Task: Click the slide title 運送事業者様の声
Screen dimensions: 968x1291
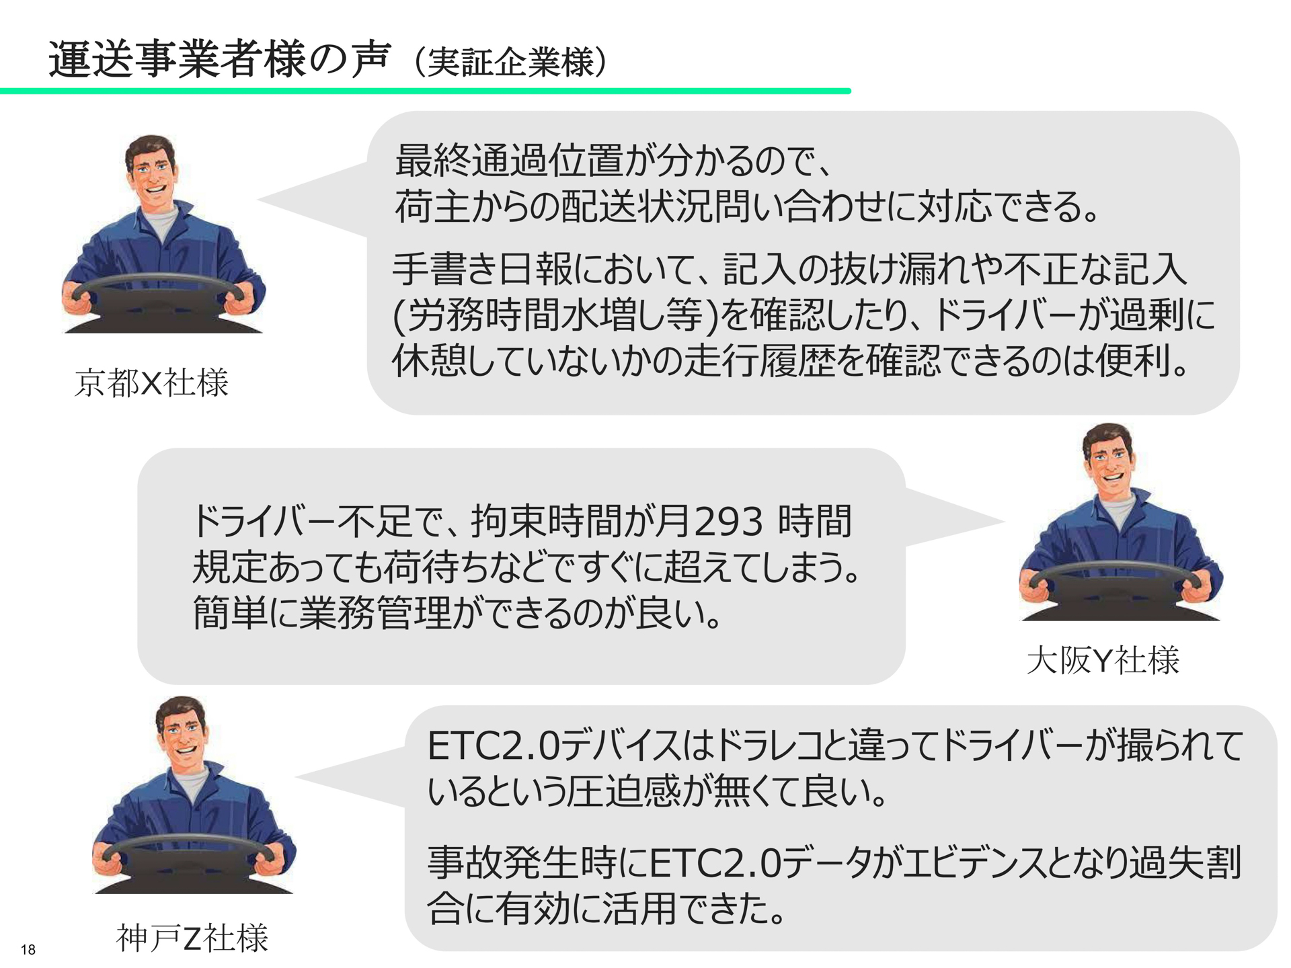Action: click(x=219, y=61)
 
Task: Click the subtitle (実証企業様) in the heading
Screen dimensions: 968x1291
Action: click(x=511, y=63)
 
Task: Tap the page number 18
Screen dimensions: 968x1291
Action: click(x=28, y=949)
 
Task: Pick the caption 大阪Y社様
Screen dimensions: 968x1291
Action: click(x=1103, y=661)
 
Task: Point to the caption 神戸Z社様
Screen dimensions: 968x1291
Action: click(x=192, y=938)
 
